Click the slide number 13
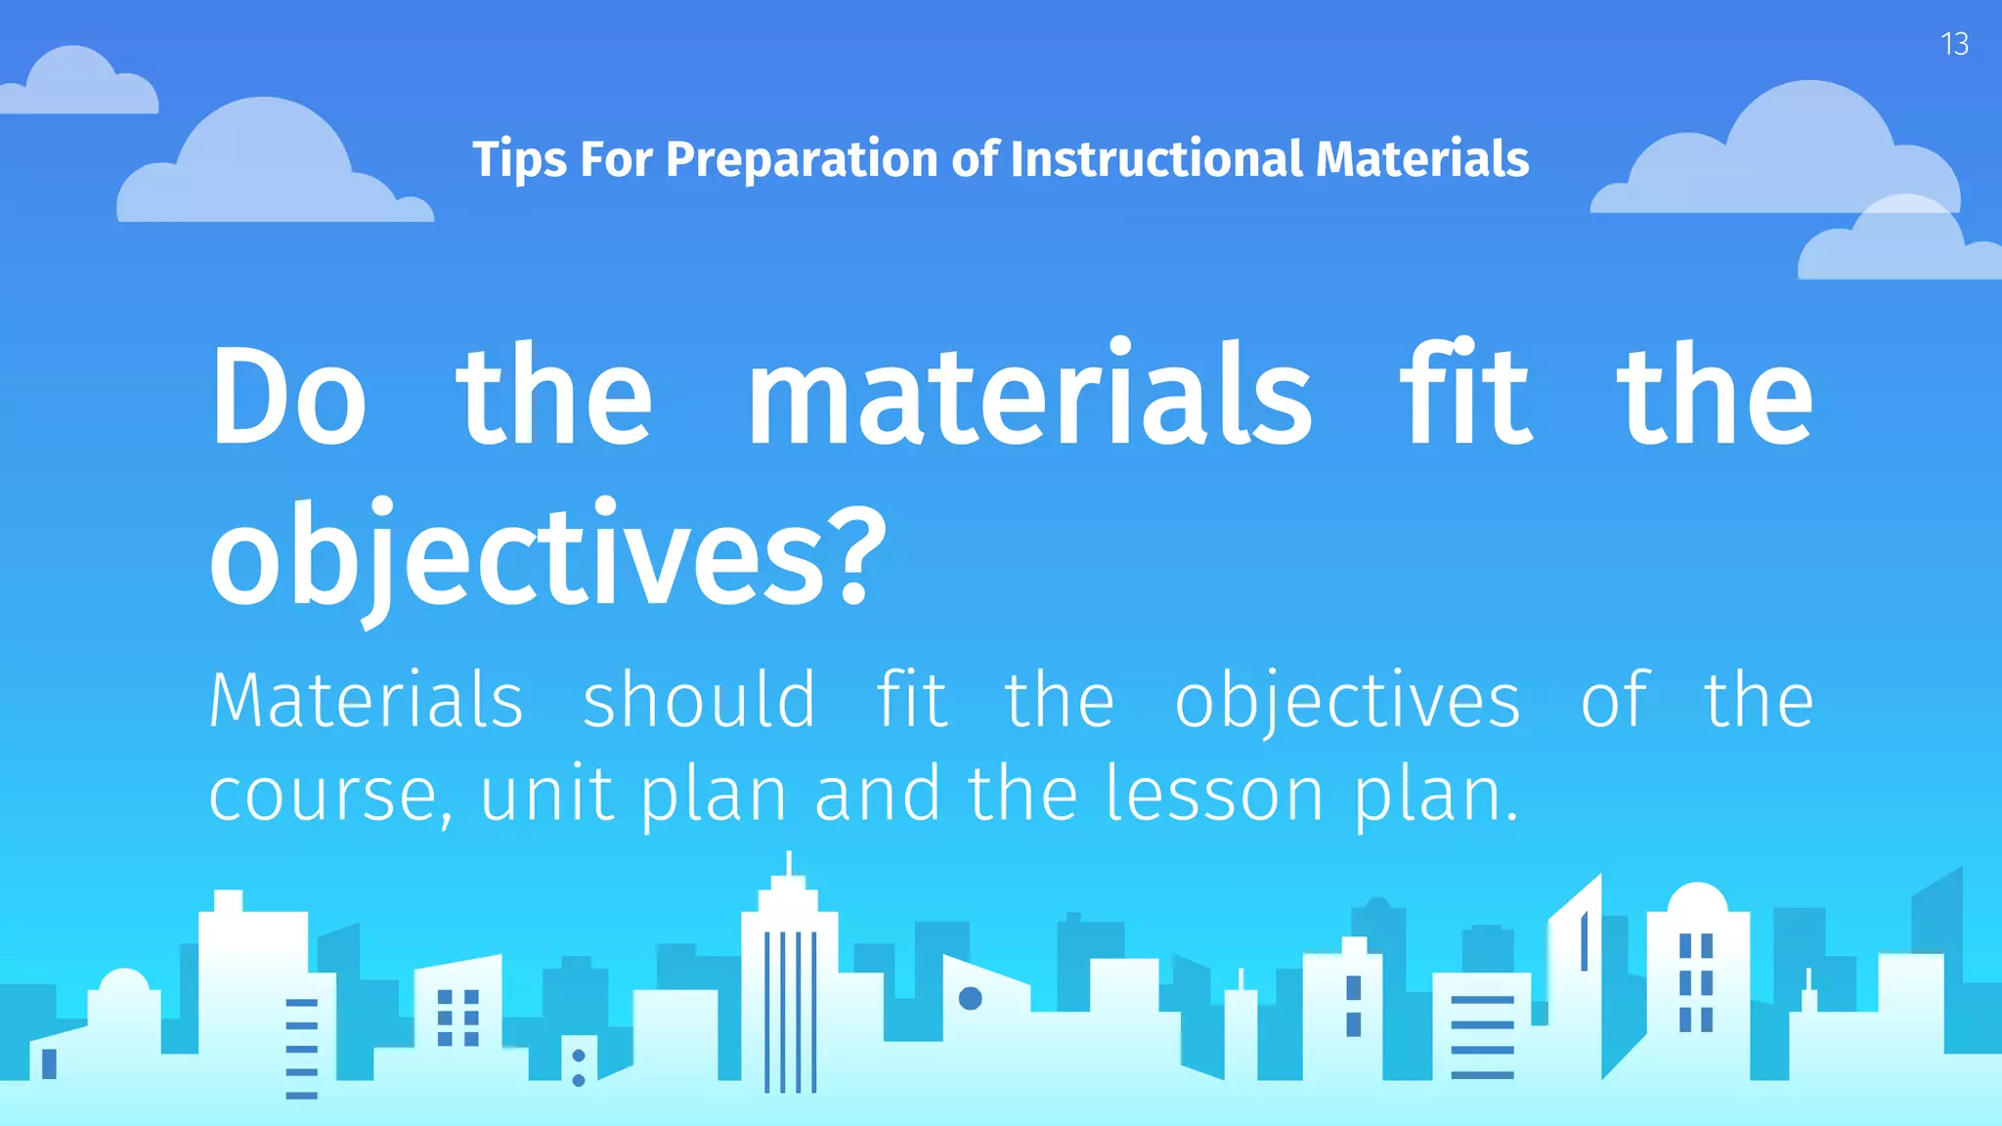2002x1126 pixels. point(1954,44)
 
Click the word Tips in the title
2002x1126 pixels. point(518,159)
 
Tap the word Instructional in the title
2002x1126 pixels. point(1156,159)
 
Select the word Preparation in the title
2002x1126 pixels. point(802,159)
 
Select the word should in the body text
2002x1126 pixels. point(699,700)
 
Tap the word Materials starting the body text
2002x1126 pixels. point(367,700)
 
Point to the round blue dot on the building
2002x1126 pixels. point(971,998)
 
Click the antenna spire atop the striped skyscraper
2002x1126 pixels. point(790,864)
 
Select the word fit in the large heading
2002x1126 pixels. point(1465,397)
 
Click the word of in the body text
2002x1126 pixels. point(1615,700)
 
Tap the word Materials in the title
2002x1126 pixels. point(1422,159)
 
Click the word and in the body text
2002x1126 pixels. point(877,794)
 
